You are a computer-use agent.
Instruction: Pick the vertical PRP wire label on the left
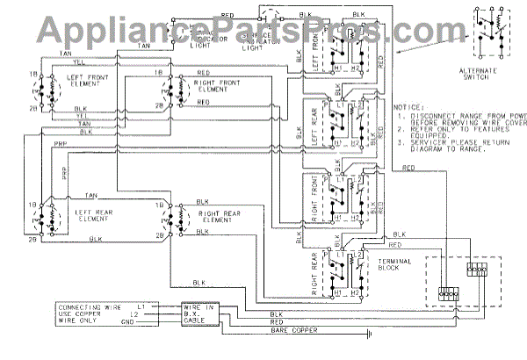(x=63, y=176)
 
